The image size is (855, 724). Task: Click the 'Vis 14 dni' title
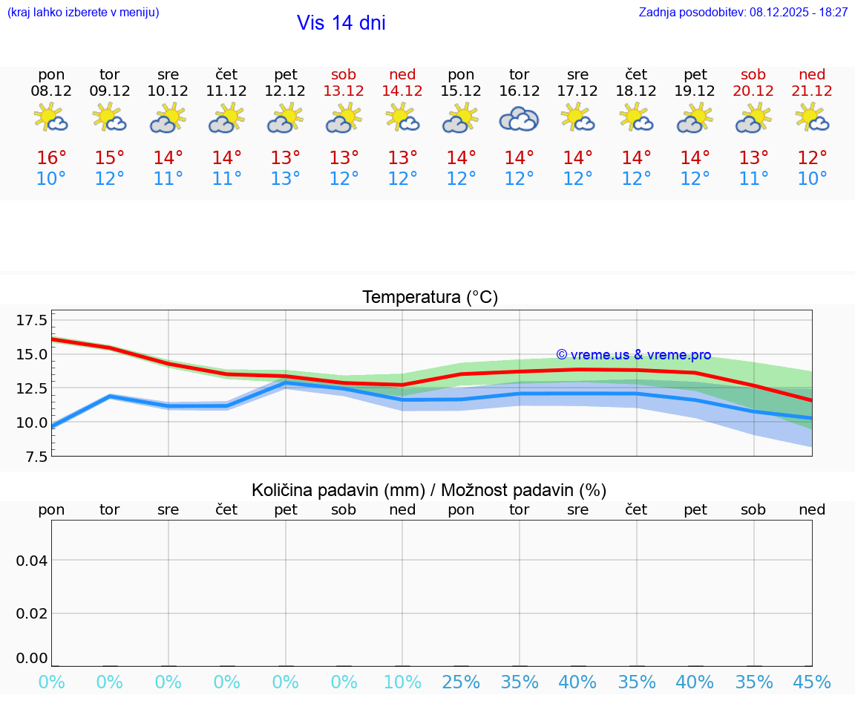click(x=341, y=23)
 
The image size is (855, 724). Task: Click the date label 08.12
click(x=51, y=91)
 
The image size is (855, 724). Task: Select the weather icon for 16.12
click(x=519, y=119)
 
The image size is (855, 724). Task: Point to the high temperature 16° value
click(x=51, y=158)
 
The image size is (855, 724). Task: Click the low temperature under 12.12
click(x=285, y=179)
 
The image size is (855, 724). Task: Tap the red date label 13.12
click(x=344, y=91)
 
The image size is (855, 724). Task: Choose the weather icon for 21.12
click(x=812, y=118)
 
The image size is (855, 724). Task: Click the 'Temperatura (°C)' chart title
click(x=430, y=298)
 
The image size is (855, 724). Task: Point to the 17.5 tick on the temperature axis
click(x=32, y=320)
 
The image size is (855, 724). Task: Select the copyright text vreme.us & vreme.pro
click(x=634, y=355)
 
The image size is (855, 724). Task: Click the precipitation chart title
click(x=429, y=490)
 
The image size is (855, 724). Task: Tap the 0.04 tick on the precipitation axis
click(x=32, y=561)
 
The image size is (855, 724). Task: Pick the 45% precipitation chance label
click(x=812, y=682)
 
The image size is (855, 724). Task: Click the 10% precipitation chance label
click(x=402, y=682)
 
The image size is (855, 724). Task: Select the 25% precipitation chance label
click(x=461, y=682)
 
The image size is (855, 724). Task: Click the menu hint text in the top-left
click(x=83, y=13)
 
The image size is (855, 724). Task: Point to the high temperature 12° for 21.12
click(x=812, y=158)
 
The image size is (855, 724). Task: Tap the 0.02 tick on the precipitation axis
click(x=32, y=613)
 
